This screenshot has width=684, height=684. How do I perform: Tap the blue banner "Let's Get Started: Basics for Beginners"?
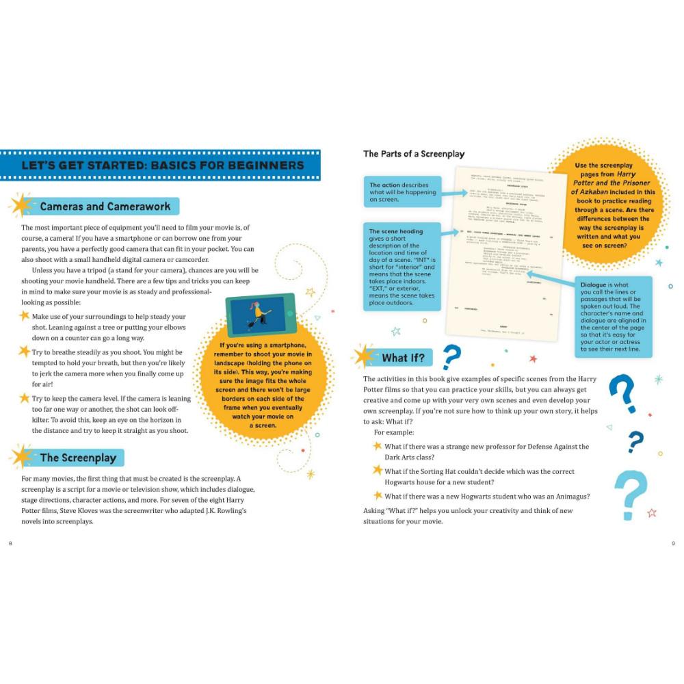coord(162,166)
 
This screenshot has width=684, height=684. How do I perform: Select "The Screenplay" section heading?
coord(78,458)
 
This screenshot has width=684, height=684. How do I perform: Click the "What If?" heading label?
coord(403,358)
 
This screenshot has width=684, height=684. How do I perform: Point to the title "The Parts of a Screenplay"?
coord(413,154)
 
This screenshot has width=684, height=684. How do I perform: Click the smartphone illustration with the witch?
coord(260,315)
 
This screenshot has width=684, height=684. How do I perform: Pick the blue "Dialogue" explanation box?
coord(613,316)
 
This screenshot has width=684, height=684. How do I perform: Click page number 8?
coord(10,543)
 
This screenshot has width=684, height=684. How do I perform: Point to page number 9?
coord(673,543)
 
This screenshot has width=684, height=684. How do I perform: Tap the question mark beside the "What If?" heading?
coord(451,357)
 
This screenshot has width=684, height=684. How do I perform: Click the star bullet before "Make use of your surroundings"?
coord(25,316)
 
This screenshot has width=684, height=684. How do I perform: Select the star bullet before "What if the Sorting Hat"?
coord(377,471)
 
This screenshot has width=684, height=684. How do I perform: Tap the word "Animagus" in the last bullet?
coord(569,496)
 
